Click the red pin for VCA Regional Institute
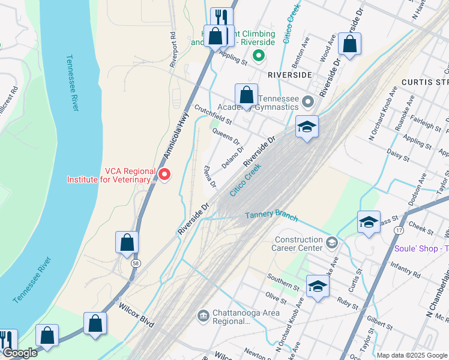pos(164,175)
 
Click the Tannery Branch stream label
pos(271,214)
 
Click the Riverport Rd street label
pos(173,50)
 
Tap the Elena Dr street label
pos(210,177)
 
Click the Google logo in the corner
pos(20,353)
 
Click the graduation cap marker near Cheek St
pos(369,222)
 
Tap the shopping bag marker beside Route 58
pos(127,243)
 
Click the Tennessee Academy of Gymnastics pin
pos(309,102)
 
